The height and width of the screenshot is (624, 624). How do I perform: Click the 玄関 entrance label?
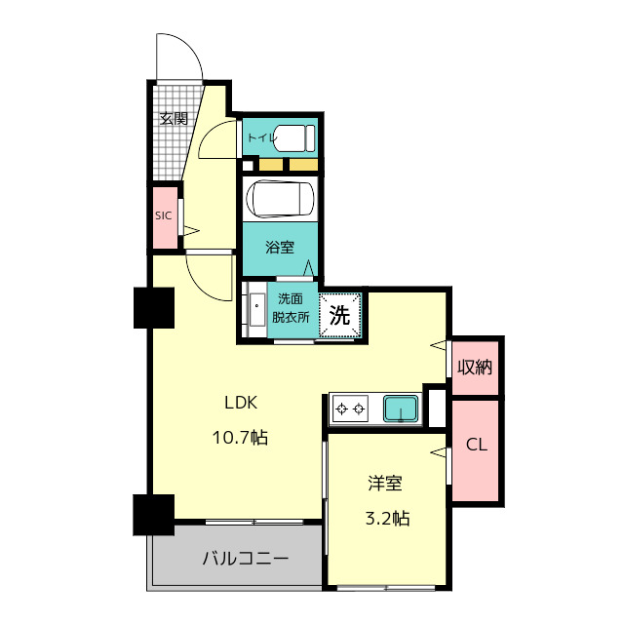(x=174, y=119)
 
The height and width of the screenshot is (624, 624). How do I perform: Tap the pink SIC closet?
(x=164, y=216)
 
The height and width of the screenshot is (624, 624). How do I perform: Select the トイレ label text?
(x=260, y=138)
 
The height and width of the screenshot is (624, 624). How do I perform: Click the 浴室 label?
(x=281, y=247)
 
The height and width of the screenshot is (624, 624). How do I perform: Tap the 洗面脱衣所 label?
(x=291, y=308)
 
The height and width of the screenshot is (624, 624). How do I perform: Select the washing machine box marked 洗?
(x=339, y=315)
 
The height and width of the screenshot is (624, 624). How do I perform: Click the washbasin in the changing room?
(x=255, y=311)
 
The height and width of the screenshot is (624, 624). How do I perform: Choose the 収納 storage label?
(x=476, y=367)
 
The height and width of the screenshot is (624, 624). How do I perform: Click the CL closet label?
(x=476, y=446)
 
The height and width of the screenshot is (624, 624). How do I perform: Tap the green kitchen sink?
(x=401, y=408)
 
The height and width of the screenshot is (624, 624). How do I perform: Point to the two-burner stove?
(x=350, y=408)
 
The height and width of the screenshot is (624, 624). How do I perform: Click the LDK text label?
(x=242, y=402)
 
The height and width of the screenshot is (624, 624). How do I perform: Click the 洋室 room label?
(x=385, y=483)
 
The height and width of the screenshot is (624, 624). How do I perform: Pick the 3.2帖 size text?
(x=387, y=518)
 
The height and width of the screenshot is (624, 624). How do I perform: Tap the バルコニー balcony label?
(x=245, y=559)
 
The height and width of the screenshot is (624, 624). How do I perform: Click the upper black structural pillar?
(x=154, y=308)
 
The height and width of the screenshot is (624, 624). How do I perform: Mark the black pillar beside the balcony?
(x=154, y=515)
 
